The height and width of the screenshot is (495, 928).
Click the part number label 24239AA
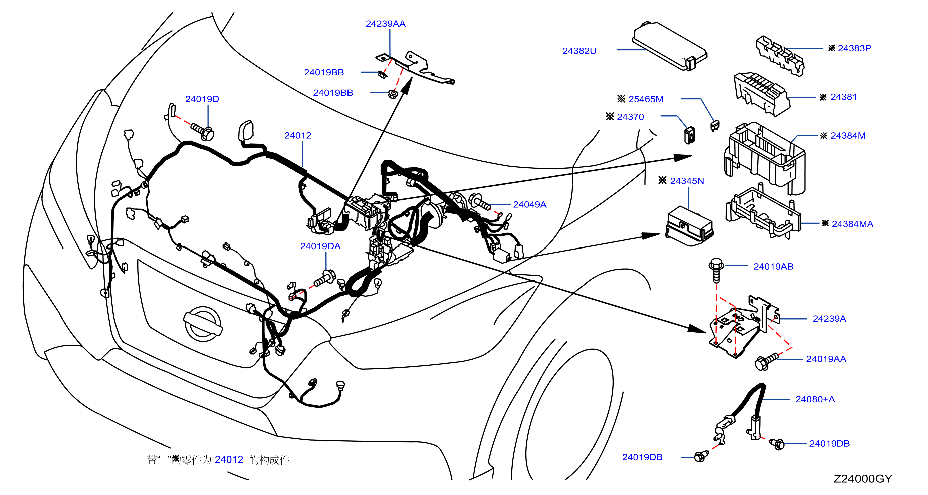click(385, 24)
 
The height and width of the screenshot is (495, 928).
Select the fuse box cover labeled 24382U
click(670, 46)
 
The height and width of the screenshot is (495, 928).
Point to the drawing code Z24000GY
click(863, 478)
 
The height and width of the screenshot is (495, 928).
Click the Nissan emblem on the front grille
click(203, 324)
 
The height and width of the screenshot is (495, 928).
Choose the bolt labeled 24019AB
click(716, 270)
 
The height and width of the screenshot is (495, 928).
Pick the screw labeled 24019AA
click(767, 361)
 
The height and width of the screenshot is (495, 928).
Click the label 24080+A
click(815, 399)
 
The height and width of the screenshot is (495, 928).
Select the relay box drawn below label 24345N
click(689, 226)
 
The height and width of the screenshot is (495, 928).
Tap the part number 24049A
click(529, 204)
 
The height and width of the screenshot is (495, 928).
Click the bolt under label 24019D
click(203, 131)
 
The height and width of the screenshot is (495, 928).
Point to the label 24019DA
click(320, 246)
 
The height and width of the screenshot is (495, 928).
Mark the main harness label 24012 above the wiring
click(298, 136)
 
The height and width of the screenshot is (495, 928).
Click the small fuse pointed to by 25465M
click(715, 126)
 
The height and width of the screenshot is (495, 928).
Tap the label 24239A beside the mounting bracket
click(829, 319)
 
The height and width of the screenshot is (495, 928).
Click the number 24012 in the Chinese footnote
click(229, 460)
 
